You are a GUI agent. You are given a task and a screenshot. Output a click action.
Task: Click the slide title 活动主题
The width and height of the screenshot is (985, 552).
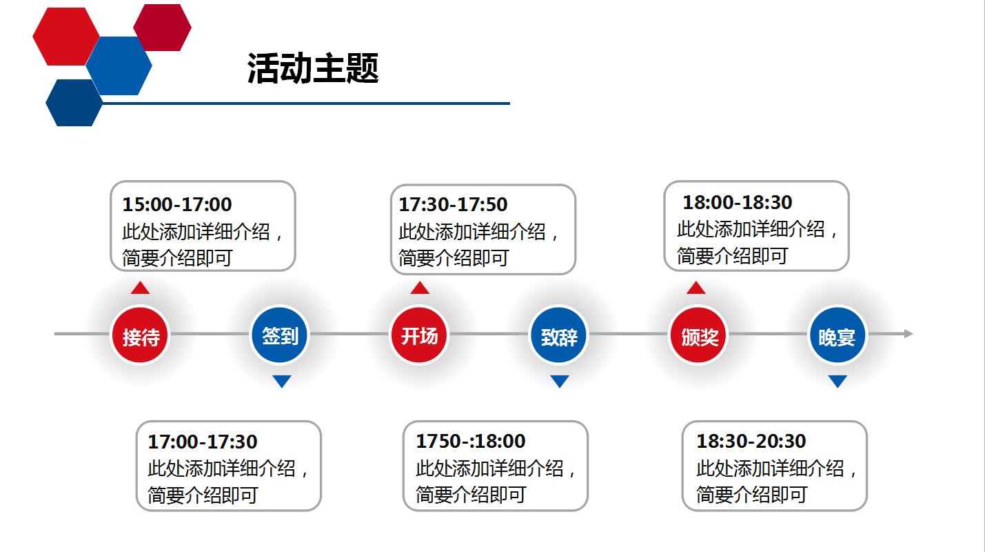(313, 69)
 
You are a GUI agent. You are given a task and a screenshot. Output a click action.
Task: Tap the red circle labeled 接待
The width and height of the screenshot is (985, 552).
(141, 336)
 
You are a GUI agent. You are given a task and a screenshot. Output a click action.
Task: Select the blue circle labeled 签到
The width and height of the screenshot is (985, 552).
(280, 335)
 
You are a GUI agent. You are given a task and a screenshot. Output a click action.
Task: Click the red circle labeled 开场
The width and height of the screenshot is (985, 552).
(419, 335)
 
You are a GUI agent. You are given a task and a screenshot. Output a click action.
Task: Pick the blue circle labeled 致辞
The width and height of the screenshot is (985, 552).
(559, 336)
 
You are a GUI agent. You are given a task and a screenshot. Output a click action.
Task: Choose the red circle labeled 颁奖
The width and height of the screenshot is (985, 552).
(699, 336)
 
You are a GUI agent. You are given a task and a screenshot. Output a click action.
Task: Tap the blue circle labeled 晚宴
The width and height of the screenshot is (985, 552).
(837, 336)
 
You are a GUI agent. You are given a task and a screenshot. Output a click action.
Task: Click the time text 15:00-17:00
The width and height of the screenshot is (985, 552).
(177, 204)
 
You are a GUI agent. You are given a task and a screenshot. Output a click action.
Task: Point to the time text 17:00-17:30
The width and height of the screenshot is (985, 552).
(203, 442)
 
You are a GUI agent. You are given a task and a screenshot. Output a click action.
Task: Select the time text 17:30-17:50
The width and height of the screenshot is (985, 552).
(453, 204)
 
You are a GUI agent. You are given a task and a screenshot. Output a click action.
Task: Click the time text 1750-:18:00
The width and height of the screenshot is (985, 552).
(470, 441)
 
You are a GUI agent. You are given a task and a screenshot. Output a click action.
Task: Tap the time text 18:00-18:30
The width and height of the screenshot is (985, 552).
(738, 202)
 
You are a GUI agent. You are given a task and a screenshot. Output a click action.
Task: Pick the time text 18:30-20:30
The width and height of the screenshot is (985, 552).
(751, 441)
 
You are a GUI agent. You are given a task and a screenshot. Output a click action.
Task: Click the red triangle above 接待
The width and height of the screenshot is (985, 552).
(141, 288)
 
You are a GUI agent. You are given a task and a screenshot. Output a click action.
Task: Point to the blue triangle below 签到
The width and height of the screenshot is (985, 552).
(281, 381)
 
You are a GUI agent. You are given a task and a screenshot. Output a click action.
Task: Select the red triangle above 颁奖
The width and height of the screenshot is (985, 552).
(696, 288)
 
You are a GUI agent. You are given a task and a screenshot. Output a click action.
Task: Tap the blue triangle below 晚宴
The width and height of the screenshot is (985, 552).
(837, 381)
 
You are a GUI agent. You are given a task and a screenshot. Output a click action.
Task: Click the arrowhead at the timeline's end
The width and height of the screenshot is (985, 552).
(908, 334)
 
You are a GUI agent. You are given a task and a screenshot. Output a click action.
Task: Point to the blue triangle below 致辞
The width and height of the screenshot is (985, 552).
(560, 381)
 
